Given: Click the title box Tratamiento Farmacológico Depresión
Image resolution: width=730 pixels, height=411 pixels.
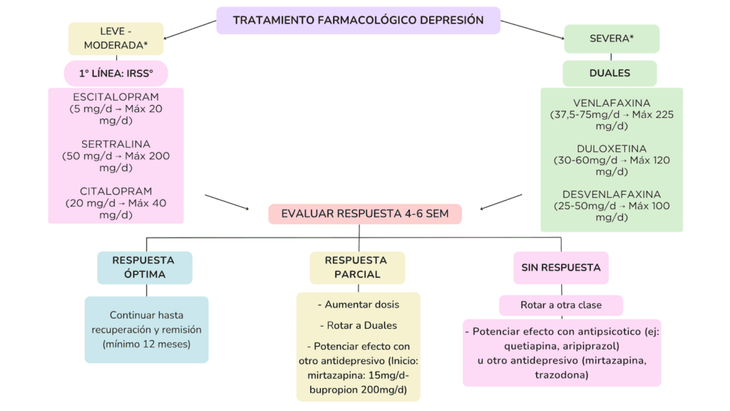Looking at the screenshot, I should point(358,20).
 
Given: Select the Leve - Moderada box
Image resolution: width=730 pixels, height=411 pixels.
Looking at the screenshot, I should point(116,39).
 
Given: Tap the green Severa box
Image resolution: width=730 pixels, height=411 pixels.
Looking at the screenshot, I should point(611,39).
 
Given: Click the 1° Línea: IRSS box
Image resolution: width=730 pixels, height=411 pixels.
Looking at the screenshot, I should point(116,73).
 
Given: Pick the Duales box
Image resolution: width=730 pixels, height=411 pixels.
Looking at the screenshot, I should point(610,73).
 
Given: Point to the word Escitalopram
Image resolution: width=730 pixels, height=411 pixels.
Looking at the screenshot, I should point(115,97).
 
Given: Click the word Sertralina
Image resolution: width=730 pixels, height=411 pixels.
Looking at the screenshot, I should point(115,144).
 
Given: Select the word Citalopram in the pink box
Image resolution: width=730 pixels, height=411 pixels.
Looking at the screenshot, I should point(115,191).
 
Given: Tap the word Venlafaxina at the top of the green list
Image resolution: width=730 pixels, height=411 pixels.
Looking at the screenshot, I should point(612,103).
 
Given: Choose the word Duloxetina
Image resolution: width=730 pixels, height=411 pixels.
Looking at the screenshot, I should point(612,148).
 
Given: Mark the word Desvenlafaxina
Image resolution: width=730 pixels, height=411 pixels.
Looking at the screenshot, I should point(612,194).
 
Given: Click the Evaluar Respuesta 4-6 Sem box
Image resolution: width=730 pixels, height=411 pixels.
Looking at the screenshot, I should point(365,214).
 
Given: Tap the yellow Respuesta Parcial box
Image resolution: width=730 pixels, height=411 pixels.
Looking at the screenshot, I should point(357,268).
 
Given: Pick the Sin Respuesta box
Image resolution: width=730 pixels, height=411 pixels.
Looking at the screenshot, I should point(561,268).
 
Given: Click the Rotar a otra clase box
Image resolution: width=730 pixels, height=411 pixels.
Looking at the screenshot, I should point(561,305).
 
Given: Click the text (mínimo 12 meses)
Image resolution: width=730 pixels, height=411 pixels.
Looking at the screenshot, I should point(146,345).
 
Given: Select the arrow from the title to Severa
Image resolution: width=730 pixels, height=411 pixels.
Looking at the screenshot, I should point(531,29).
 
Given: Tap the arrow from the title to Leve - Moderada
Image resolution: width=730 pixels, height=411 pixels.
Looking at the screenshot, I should point(189,29).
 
